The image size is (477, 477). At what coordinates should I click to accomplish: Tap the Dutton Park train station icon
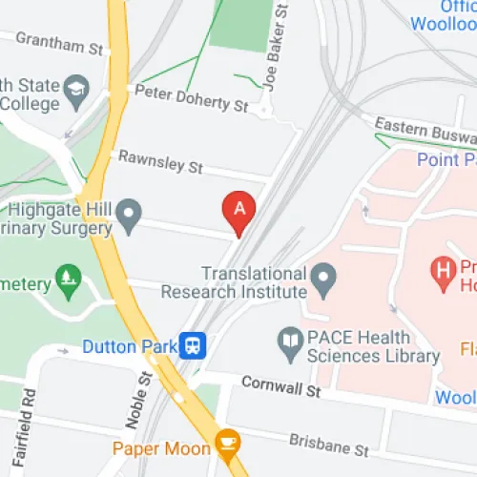coord(194,344)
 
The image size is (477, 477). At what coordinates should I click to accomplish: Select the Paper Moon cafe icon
coord(226,442)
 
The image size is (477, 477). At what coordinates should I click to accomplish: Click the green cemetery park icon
coord(68,280)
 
